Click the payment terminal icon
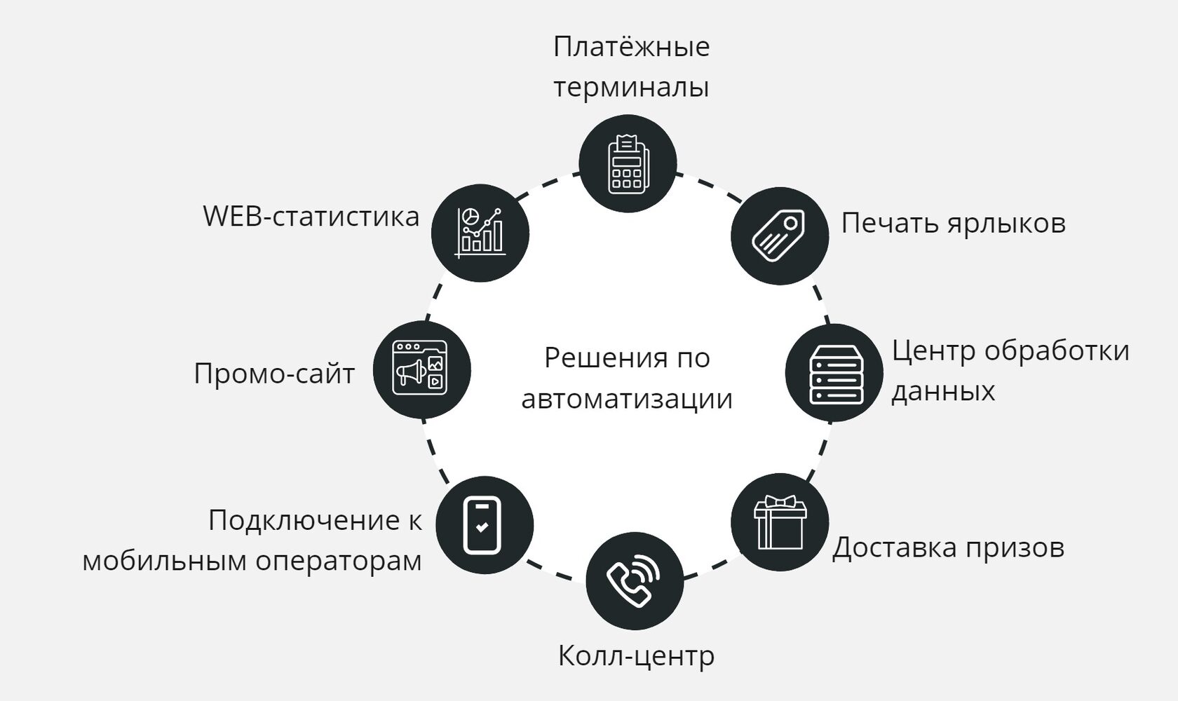click(627, 163)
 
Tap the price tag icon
click(779, 236)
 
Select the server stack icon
click(834, 373)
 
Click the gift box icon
click(779, 522)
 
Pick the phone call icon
click(633, 581)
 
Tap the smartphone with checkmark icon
click(484, 525)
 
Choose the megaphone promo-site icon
click(421, 370)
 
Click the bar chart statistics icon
click(480, 233)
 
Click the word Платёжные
click(631, 47)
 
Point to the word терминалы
click(631, 88)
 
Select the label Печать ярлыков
click(953, 224)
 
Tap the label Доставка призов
click(948, 547)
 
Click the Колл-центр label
click(636, 656)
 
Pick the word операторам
click(339, 561)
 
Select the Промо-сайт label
click(274, 374)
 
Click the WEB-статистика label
click(311, 217)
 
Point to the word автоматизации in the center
click(627, 400)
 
